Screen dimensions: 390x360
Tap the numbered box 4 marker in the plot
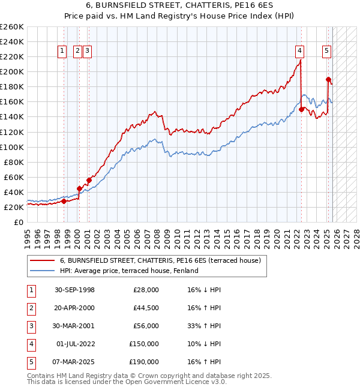299,51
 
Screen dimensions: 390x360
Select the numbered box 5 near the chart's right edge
326,51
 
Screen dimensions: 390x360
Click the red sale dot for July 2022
301,109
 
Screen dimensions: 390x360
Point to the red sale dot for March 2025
328,79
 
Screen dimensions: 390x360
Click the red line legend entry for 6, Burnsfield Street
160,261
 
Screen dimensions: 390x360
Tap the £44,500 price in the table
146,308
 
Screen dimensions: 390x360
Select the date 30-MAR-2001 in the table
74,326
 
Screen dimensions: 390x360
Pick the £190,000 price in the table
144,362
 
